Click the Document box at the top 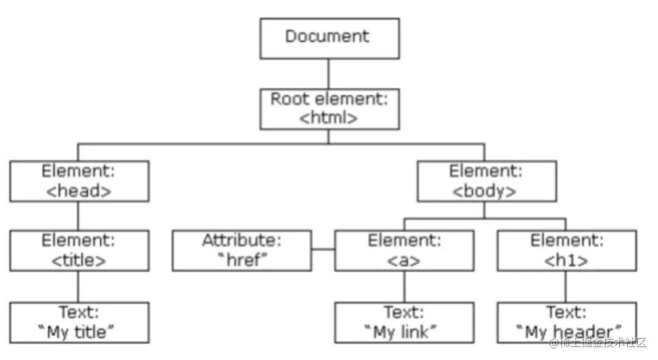pyautogui.click(x=330, y=38)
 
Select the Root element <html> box pyautogui.click(x=330, y=109)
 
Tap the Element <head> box pyautogui.click(x=79, y=181)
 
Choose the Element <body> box pyautogui.click(x=486, y=181)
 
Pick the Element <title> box pyautogui.click(x=79, y=250)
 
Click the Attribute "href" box pyautogui.click(x=242, y=250)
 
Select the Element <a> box pyautogui.click(x=404, y=250)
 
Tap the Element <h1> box pyautogui.click(x=567, y=250)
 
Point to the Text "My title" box pyautogui.click(x=79, y=322)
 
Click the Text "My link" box pyautogui.click(x=404, y=322)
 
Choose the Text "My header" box pyautogui.click(x=567, y=322)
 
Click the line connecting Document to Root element pyautogui.click(x=329, y=74)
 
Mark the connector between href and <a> pyautogui.click(x=323, y=250)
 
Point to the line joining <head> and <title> pyautogui.click(x=78, y=216)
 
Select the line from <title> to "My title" pyautogui.click(x=78, y=286)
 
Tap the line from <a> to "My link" pyautogui.click(x=403, y=286)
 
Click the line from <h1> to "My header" pyautogui.click(x=566, y=286)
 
